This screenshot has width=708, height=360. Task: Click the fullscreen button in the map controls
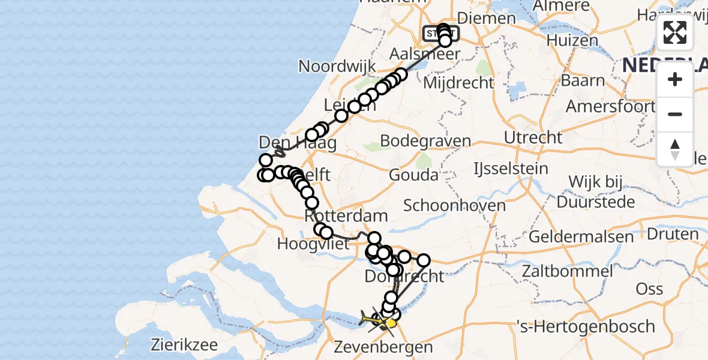pyautogui.click(x=675, y=32)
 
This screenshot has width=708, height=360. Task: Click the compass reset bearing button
pyautogui.click(x=675, y=149)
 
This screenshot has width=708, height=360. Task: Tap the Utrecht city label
pyautogui.click(x=533, y=137)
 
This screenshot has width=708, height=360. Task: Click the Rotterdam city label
pyautogui.click(x=346, y=215)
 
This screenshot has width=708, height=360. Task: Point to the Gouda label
pyautogui.click(x=413, y=175)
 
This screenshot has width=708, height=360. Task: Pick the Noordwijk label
pyautogui.click(x=337, y=66)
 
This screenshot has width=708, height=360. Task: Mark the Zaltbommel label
pyautogui.click(x=567, y=271)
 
